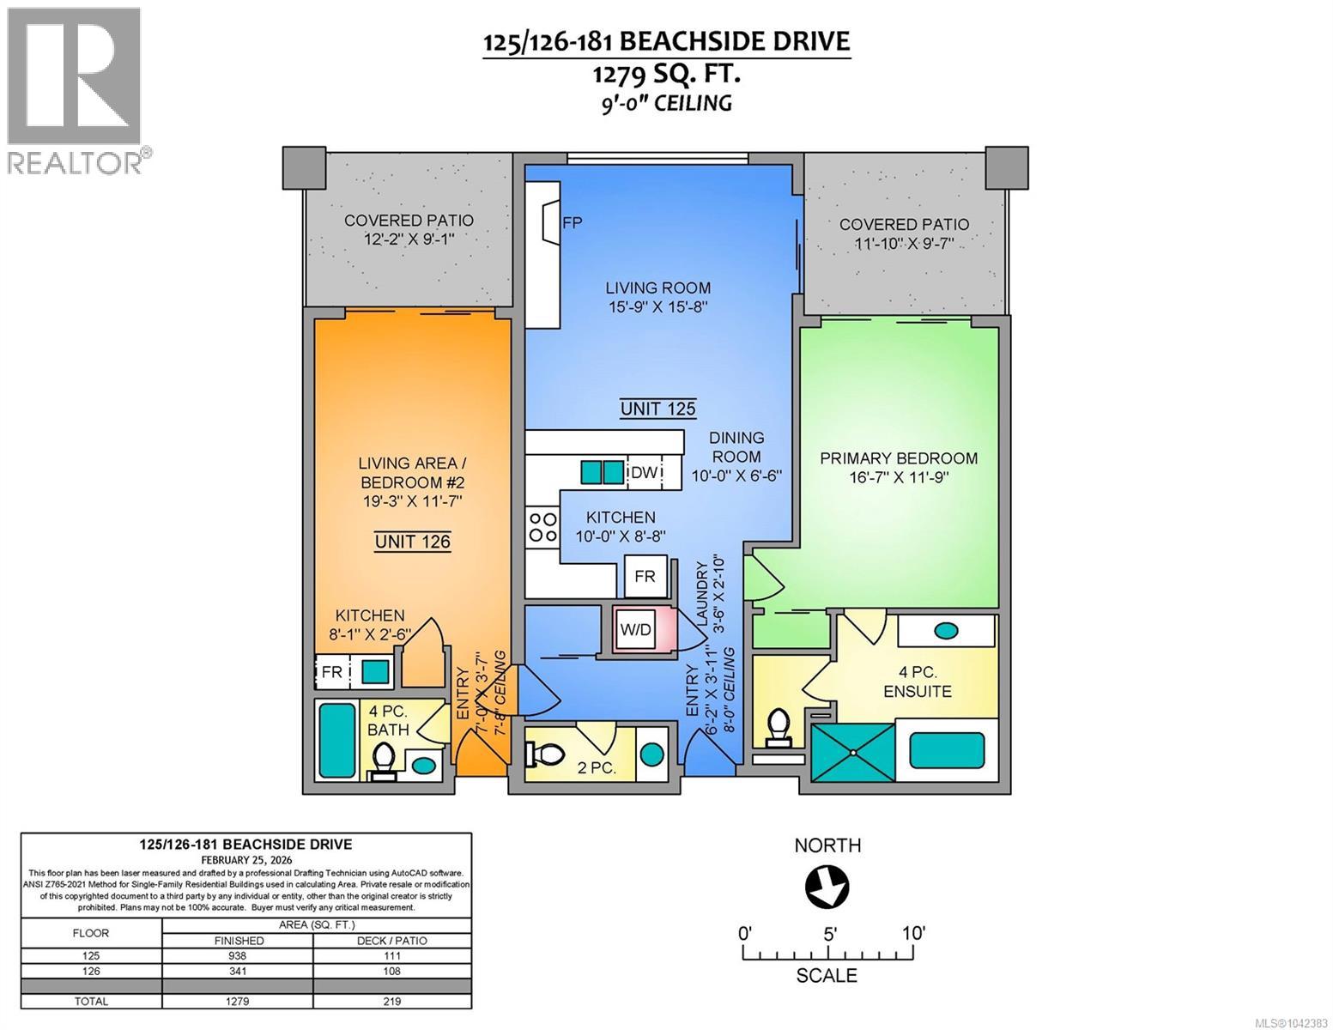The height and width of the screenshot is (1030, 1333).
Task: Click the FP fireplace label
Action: coord(572,222)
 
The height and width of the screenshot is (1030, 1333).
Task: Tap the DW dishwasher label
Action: coord(644,472)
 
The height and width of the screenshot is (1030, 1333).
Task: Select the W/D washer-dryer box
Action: coord(635,630)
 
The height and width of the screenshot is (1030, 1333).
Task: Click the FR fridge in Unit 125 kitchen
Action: coord(645,576)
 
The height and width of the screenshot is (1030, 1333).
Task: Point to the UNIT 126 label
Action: coord(413,542)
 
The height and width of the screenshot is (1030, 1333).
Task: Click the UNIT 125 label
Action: coord(657,409)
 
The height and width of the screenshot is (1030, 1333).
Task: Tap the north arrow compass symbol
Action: coord(827,887)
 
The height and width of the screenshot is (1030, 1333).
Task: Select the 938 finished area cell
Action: coord(238,955)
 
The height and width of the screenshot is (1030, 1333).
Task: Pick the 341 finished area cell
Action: coord(238,971)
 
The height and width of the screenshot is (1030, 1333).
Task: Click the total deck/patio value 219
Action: coord(392,1001)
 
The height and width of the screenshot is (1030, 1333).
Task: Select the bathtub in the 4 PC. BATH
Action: coord(336,741)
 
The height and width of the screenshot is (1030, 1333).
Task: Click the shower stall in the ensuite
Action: coord(852,752)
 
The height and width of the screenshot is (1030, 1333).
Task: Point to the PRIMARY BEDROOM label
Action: coord(899,458)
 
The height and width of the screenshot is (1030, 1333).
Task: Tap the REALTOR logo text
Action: coord(75,162)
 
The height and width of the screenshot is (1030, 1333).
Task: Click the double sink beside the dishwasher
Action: coord(602,472)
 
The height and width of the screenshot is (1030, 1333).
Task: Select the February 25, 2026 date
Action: coord(246,860)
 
